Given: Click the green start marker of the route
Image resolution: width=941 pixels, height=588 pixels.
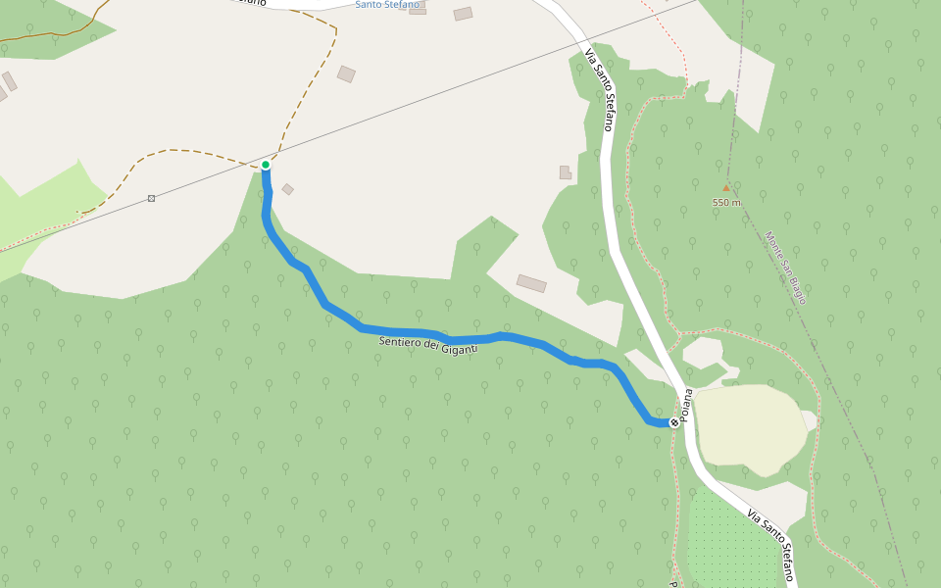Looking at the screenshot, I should pyautogui.click(x=266, y=165).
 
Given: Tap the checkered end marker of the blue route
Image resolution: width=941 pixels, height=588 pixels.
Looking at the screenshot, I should pyautogui.click(x=674, y=422).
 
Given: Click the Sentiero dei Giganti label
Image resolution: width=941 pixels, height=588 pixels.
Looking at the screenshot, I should pyautogui.click(x=428, y=344).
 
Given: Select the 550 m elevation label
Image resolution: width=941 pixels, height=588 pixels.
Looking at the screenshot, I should pyautogui.click(x=726, y=203).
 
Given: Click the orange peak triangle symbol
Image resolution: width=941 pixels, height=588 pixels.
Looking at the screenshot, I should pyautogui.click(x=726, y=187).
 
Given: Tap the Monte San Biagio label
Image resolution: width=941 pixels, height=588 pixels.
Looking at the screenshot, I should pyautogui.click(x=786, y=268).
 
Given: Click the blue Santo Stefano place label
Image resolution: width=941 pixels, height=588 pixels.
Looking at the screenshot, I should pyautogui.click(x=386, y=5).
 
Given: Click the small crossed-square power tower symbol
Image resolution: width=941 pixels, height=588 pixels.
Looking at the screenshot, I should pyautogui.click(x=151, y=198).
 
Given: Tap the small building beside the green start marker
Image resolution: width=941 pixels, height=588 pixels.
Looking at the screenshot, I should pyautogui.click(x=287, y=189).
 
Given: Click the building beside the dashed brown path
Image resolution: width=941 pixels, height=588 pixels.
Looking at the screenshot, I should pyautogui.click(x=346, y=73).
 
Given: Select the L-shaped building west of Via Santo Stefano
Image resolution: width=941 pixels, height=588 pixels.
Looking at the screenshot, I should pyautogui.click(x=565, y=172).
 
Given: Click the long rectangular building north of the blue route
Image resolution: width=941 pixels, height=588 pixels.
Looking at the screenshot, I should pyautogui.click(x=531, y=283).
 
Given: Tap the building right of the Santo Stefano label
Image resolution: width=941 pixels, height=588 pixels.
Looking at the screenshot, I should pyautogui.click(x=463, y=14).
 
